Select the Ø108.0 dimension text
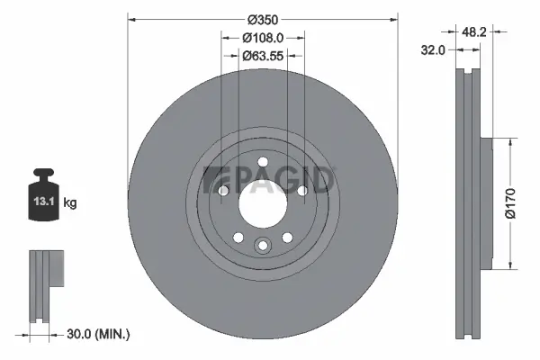point(263,37)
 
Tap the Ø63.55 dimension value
point(263,55)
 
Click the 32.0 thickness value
point(435,50)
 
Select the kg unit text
point(70,202)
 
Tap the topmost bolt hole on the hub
point(263,162)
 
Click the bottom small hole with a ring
point(263,246)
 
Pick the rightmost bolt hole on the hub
point(302,190)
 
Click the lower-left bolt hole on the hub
point(239,237)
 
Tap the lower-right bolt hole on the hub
point(286,237)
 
